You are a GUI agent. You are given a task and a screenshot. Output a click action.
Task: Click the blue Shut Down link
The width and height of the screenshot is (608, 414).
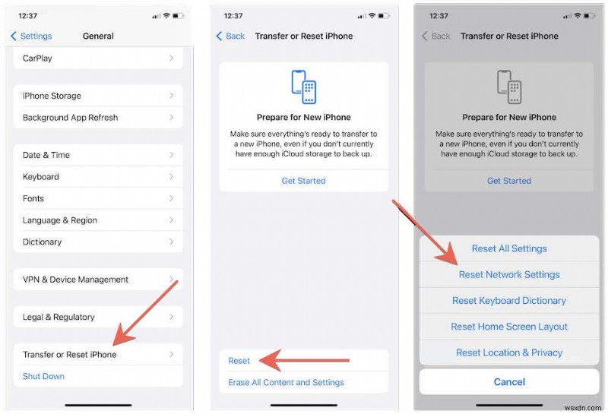coord(44,376)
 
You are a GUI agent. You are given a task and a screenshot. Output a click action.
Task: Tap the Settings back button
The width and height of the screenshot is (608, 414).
coord(31,36)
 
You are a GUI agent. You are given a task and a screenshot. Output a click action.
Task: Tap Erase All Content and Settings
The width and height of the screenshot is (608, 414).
coord(287,382)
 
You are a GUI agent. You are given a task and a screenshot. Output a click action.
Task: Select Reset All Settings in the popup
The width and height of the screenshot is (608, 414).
coord(508,248)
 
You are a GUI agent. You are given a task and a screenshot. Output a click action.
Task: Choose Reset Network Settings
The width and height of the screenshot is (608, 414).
coord(508,274)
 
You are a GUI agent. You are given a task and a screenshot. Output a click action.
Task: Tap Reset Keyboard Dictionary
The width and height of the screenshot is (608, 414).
coord(508,301)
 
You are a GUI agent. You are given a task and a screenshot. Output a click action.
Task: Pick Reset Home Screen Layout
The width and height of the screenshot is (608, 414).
coord(508,327)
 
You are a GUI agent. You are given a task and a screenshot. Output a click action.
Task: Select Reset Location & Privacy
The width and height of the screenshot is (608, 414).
coord(508,352)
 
